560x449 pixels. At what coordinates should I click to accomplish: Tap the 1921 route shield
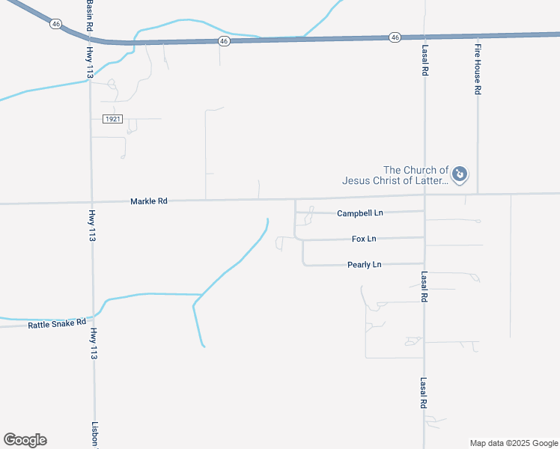pyautogui.click(x=112, y=119)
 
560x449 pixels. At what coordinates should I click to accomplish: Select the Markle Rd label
pyautogui.click(x=148, y=201)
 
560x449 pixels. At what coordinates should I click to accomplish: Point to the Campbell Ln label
pyautogui.click(x=359, y=213)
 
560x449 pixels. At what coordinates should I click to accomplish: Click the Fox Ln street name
pyautogui.click(x=364, y=239)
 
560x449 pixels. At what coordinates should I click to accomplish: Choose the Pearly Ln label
pyautogui.click(x=365, y=265)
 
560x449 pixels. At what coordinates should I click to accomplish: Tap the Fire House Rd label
pyautogui.click(x=477, y=68)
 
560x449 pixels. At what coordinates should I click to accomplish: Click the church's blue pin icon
pyautogui.click(x=460, y=175)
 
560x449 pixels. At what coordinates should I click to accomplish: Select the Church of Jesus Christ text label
pyautogui.click(x=395, y=175)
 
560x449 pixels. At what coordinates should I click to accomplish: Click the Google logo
pyautogui.click(x=25, y=440)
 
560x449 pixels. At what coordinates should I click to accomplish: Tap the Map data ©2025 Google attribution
pyautogui.click(x=514, y=443)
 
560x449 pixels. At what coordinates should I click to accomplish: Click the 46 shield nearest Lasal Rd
pyautogui.click(x=395, y=37)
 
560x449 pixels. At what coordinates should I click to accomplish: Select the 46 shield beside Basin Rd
pyautogui.click(x=55, y=24)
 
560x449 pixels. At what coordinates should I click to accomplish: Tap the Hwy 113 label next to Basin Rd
pyautogui.click(x=91, y=63)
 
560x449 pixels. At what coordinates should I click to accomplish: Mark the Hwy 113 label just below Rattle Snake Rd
pyautogui.click(x=94, y=344)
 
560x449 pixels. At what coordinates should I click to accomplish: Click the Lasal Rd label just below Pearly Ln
pyautogui.click(x=424, y=287)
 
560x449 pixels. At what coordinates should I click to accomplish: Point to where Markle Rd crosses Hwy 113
pyautogui.click(x=91, y=202)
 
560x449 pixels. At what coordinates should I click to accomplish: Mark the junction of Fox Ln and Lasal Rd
pyautogui.click(x=424, y=238)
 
